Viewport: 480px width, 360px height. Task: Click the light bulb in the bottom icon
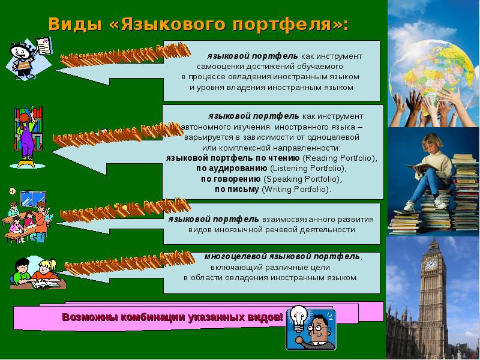(x=298, y=317)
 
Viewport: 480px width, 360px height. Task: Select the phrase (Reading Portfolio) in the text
(x=340, y=158)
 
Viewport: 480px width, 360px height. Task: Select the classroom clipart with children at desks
(x=27, y=217)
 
